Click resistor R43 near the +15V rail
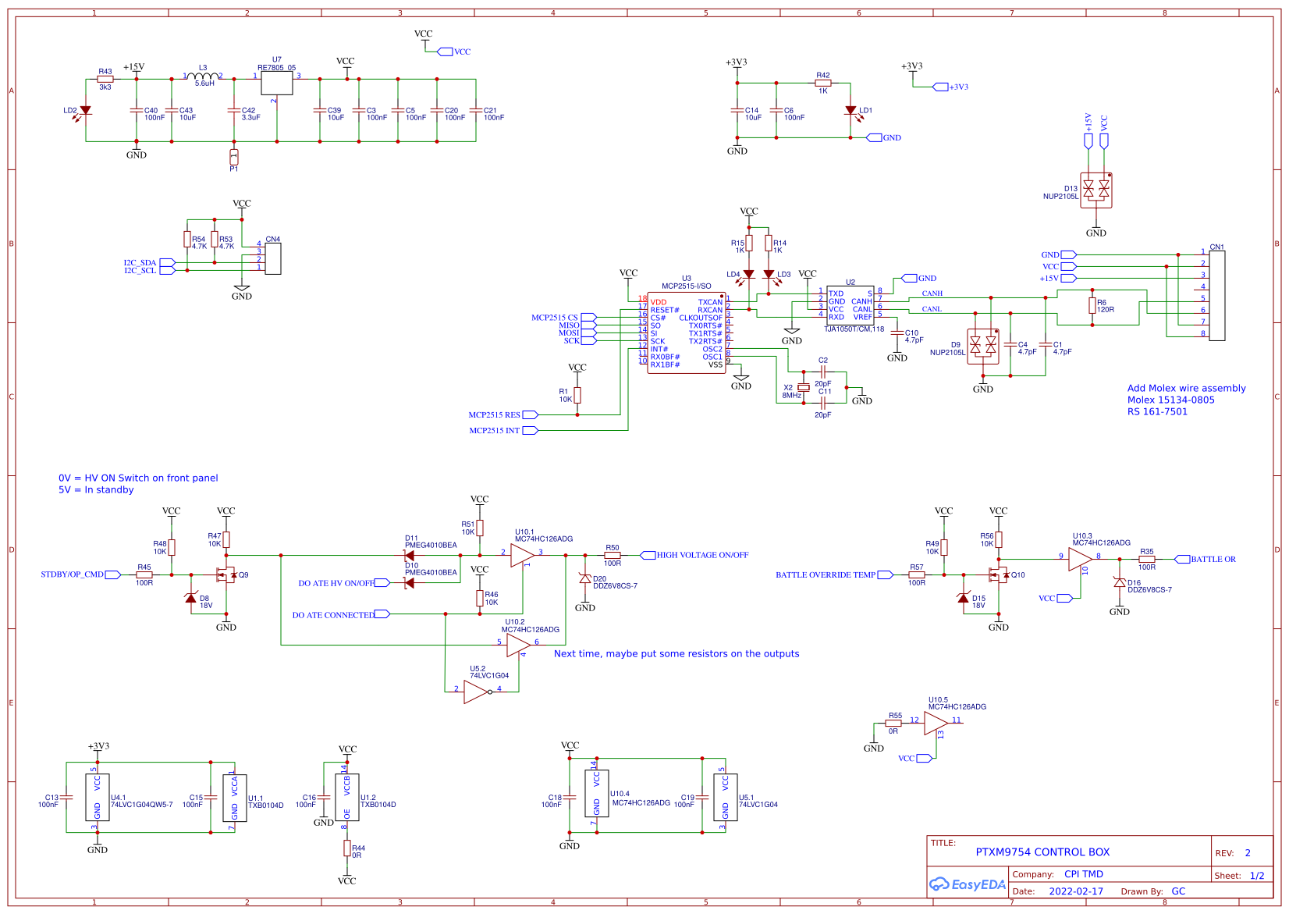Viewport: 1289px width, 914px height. point(105,79)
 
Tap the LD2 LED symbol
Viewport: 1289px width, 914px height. point(86,111)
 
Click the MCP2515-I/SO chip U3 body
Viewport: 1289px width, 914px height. point(686,333)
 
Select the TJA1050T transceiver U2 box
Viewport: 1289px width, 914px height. point(850,305)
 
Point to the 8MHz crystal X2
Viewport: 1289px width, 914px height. point(803,387)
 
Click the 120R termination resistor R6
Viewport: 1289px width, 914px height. point(1092,305)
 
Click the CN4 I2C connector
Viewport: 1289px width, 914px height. point(272,258)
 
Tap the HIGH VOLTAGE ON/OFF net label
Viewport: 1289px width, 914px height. point(701,555)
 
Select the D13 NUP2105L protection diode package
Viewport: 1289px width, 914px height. point(1095,190)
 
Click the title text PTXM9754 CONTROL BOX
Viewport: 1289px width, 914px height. point(1042,852)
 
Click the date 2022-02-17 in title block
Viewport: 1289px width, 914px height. point(1075,891)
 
